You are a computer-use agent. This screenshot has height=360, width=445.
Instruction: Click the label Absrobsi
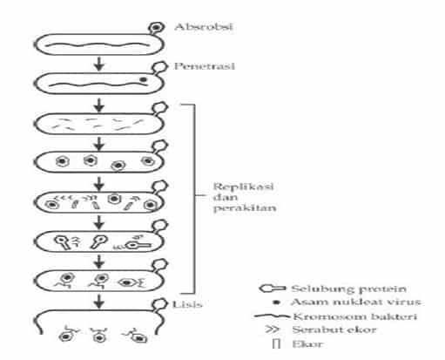[204, 27]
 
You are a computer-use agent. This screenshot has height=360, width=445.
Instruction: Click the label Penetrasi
[204, 66]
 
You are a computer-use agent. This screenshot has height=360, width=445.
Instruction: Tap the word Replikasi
[243, 187]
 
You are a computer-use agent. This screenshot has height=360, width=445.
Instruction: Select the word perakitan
[245, 208]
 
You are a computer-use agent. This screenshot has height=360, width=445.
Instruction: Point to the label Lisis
[187, 304]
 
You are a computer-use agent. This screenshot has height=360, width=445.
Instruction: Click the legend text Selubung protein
[348, 289]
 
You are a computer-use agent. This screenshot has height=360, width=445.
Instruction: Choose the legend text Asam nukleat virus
[355, 302]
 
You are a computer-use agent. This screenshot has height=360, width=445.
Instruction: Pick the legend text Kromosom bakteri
[354, 316]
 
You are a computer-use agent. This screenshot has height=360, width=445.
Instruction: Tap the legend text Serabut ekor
[334, 329]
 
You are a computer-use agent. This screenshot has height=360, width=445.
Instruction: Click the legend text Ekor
[307, 344]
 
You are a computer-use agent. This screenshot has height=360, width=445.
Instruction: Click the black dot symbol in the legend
[277, 302]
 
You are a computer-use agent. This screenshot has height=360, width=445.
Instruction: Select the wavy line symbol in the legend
[273, 316]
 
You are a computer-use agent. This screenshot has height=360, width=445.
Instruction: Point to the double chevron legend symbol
[273, 329]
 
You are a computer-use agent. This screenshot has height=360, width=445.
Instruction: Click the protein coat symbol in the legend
[273, 289]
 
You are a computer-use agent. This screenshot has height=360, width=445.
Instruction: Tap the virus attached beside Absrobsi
[156, 28]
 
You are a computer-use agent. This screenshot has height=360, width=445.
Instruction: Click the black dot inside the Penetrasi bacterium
[143, 79]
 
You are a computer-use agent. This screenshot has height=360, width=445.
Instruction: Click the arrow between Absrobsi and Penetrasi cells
[99, 64]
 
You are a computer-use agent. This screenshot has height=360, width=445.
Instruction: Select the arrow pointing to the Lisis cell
[99, 302]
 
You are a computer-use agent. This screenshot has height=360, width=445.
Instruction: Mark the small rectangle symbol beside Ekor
[276, 343]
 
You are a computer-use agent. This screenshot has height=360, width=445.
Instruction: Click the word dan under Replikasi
[226, 198]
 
